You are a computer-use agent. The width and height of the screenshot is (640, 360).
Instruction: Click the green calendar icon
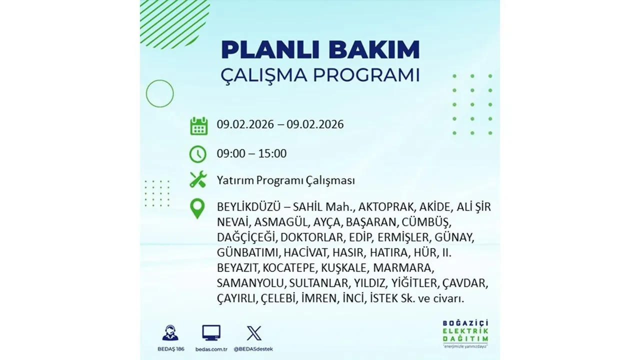coord(198,125)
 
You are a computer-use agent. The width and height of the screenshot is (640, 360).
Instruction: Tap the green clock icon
coord(198,153)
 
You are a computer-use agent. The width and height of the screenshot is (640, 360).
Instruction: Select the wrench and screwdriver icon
coord(198,180)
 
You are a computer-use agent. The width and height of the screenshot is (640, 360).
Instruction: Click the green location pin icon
coord(198,209)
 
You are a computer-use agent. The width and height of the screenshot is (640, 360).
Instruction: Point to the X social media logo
coord(254,333)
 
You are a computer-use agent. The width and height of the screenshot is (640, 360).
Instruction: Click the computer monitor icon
coord(211,333)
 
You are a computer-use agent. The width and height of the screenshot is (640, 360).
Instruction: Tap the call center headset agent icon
coord(170,333)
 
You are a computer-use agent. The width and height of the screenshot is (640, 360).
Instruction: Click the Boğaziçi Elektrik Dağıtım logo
coord(465,333)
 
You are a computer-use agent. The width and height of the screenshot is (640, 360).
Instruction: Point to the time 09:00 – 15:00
coord(251,153)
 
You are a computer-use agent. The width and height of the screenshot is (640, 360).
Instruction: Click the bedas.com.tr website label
coord(211,348)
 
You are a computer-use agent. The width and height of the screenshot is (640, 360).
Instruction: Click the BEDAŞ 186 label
coord(170,348)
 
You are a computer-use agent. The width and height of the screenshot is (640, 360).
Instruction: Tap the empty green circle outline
coord(159,93)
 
